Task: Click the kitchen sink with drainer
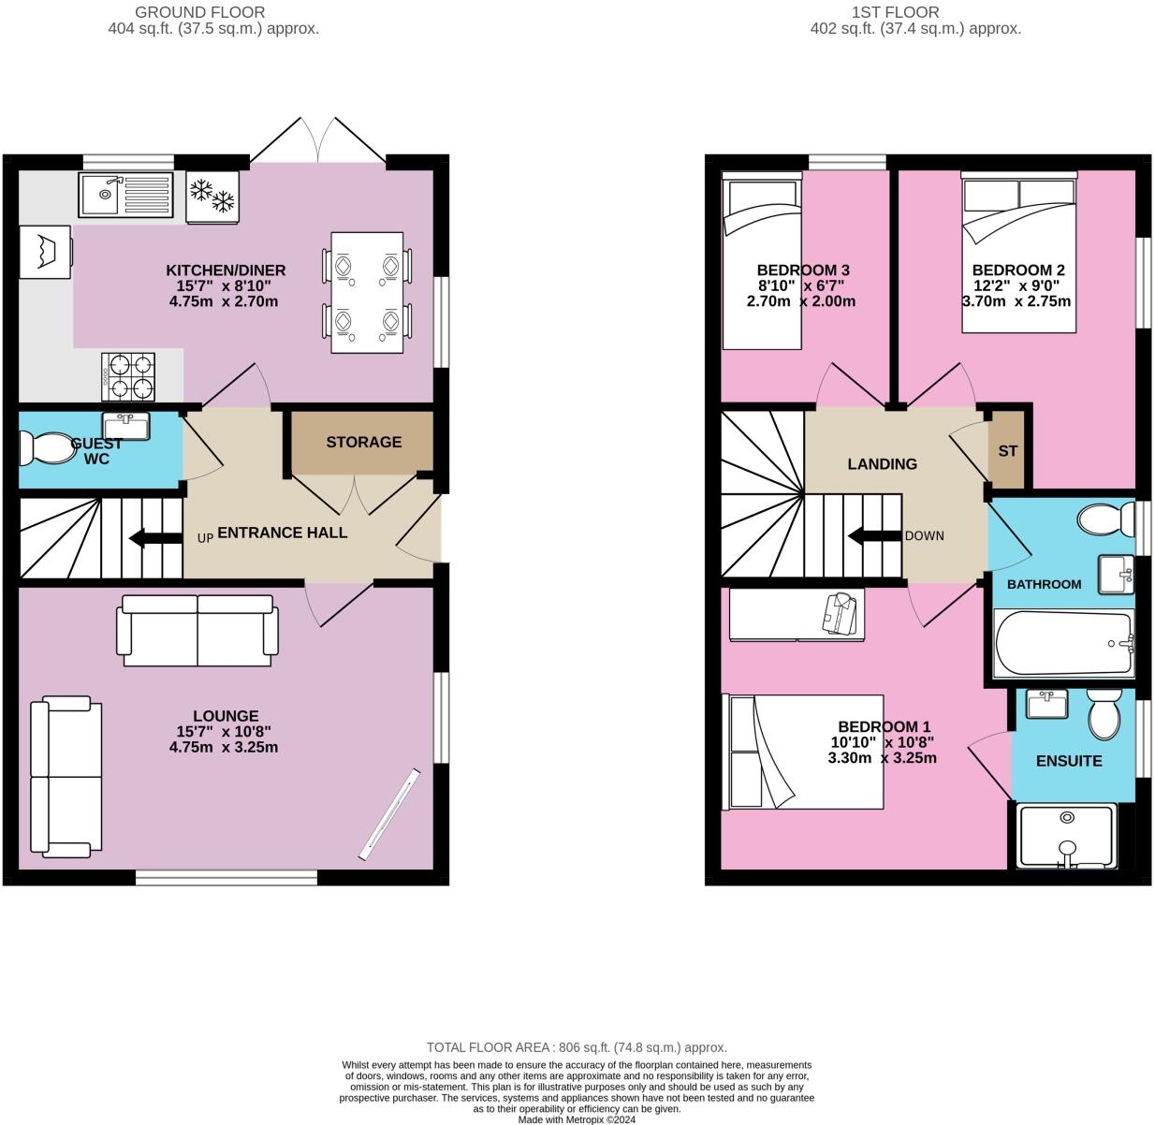click(126, 195)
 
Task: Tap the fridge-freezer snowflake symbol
click(212, 196)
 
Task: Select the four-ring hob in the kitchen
click(128, 374)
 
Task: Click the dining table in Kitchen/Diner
click(367, 293)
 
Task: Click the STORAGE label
click(363, 442)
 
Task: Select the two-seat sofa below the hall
click(197, 631)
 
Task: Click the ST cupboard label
click(1007, 451)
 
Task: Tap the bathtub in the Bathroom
click(1063, 644)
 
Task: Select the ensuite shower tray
click(1066, 835)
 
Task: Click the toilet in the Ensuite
click(1104, 715)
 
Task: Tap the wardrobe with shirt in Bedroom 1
click(797, 614)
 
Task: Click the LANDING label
click(882, 464)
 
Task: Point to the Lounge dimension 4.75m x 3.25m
click(224, 748)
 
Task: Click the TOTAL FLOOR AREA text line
click(577, 1047)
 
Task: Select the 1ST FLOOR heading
click(895, 12)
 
